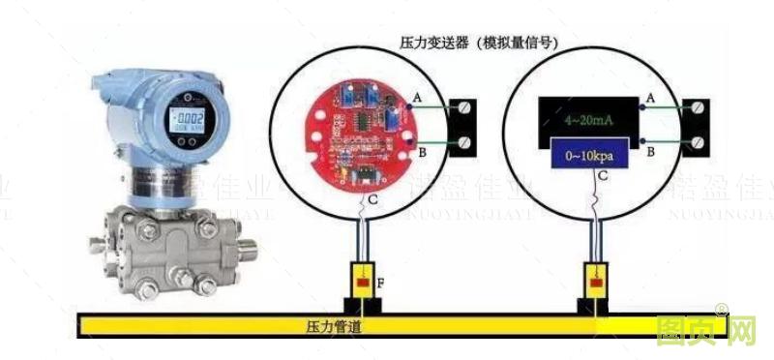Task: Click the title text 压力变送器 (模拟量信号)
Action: click(484, 43)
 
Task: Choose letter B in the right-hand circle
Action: click(651, 152)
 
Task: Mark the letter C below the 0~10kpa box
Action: click(602, 177)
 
